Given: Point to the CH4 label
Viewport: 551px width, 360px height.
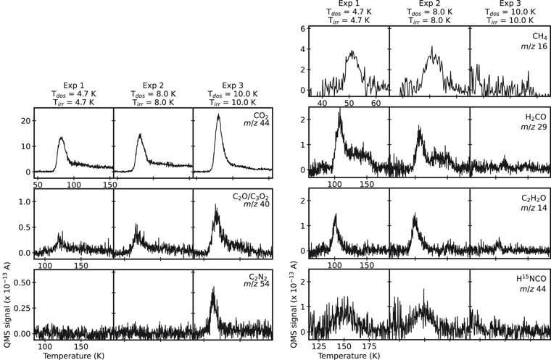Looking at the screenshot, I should [538, 35].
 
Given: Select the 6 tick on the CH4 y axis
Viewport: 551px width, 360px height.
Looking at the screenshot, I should [299, 29].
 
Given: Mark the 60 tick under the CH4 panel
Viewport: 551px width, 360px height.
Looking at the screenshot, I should [376, 104].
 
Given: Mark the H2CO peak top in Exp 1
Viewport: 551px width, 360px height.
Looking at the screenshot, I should [339, 112].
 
